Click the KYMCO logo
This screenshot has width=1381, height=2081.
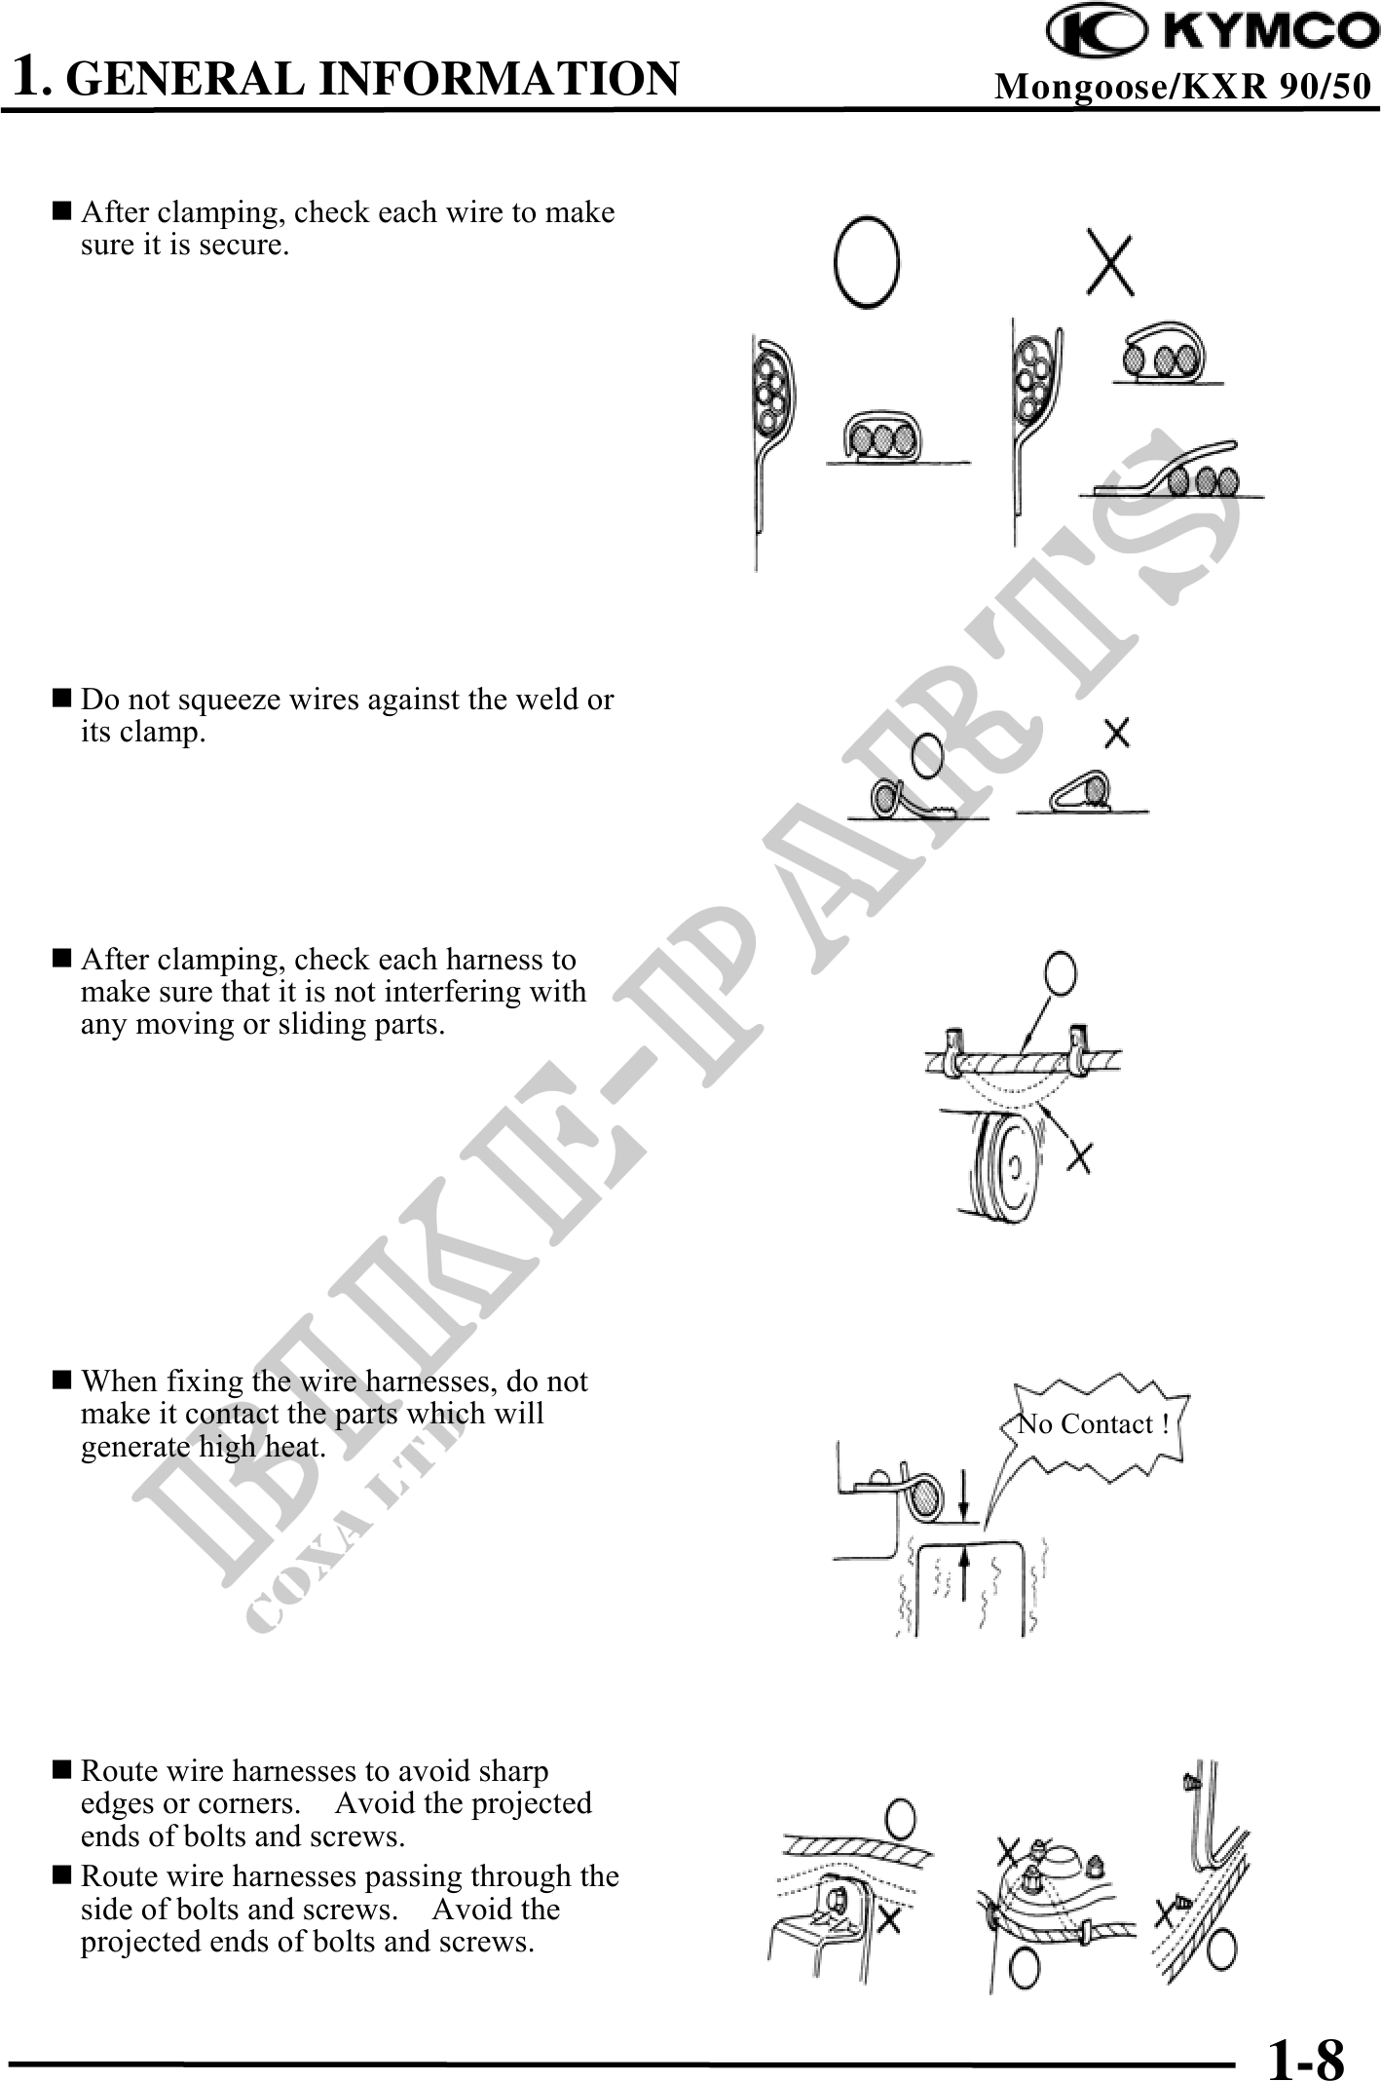tap(1213, 31)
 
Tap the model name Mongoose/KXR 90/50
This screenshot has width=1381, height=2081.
tap(1182, 87)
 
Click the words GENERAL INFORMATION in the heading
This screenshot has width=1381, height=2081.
tap(376, 79)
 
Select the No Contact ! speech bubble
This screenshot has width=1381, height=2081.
tap(1093, 1424)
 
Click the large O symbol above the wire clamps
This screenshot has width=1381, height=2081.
tap(866, 262)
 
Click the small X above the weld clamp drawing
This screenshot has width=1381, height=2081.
tap(1117, 733)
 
